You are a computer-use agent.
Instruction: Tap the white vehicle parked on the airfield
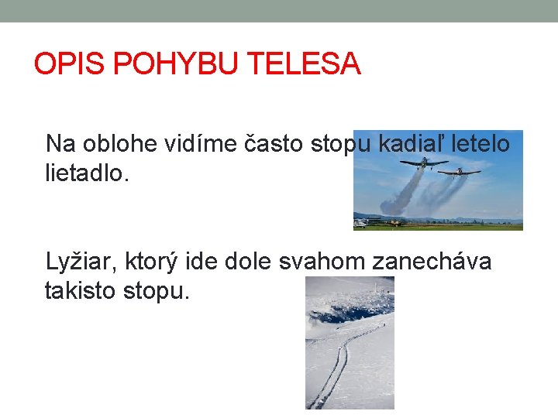pyautogui.click(x=360, y=224)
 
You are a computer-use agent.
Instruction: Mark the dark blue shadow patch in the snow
pyautogui.click(x=341, y=313)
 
